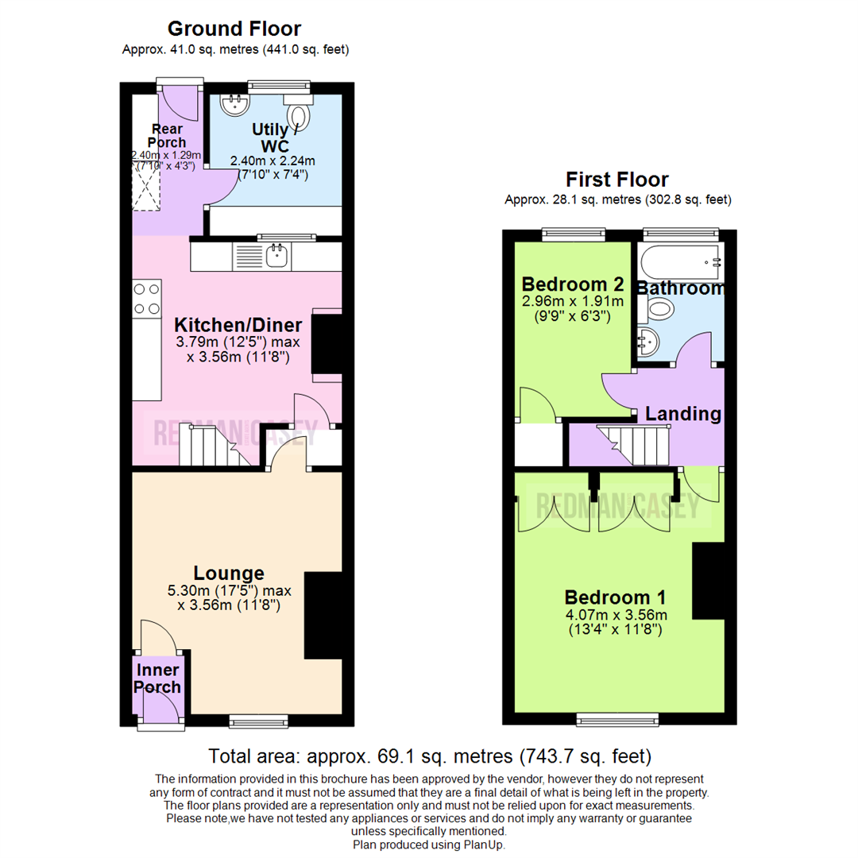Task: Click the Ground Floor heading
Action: pyautogui.click(x=234, y=29)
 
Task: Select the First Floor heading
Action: pyautogui.click(x=616, y=180)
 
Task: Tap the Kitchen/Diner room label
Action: pyautogui.click(x=238, y=325)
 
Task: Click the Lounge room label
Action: pyautogui.click(x=229, y=573)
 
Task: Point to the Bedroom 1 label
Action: pyautogui.click(x=615, y=597)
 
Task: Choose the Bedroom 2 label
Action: pyautogui.click(x=572, y=284)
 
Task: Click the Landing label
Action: pyautogui.click(x=682, y=414)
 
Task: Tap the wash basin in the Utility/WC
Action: pyautogui.click(x=235, y=104)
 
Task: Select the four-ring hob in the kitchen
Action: pyautogui.click(x=147, y=299)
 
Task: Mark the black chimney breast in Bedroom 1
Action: pyautogui.click(x=709, y=581)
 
